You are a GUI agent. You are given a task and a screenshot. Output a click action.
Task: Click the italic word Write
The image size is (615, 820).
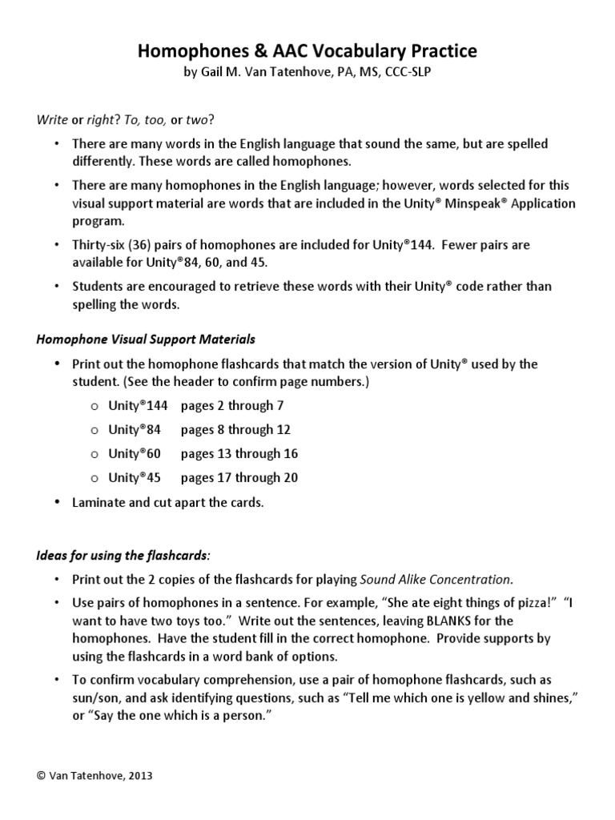pos(53,120)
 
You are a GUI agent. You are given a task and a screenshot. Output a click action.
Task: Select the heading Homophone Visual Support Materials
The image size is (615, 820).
pos(147,339)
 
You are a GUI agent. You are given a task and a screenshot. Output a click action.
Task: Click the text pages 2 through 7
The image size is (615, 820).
pos(232,406)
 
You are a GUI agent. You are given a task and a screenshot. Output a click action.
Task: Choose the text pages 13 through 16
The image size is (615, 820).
pos(239,453)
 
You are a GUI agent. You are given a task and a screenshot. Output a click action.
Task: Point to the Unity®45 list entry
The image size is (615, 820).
pos(135,478)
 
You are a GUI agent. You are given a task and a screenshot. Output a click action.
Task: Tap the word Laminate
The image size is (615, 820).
pos(98,503)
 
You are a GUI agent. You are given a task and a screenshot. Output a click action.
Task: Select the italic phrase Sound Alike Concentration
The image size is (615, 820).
pos(436,579)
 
